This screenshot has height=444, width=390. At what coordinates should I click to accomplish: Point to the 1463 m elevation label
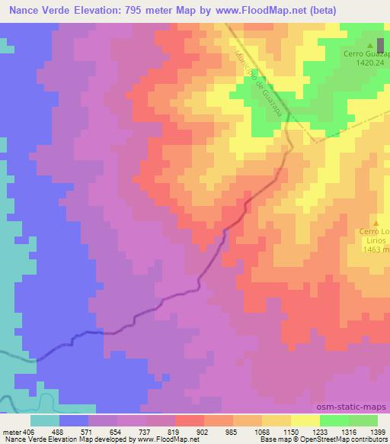[376, 249]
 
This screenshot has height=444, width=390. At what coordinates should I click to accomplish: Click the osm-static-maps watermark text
[356, 407]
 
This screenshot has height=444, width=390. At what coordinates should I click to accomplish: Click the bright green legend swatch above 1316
[334, 420]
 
